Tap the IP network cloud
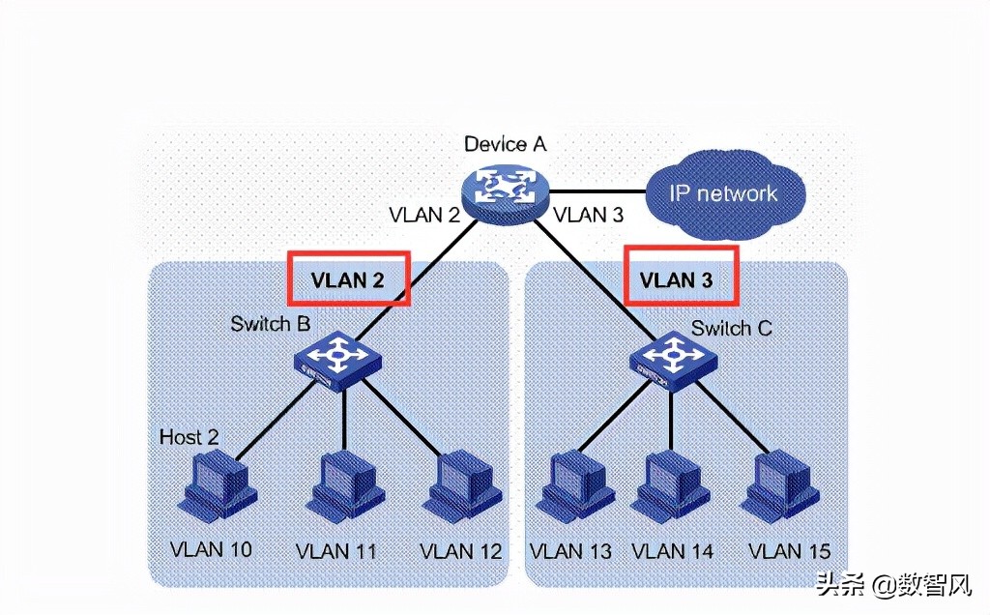coord(723,193)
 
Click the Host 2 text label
coord(188,437)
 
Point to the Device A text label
coord(505,144)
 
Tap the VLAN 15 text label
coord(789,551)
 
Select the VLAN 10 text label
coord(211,549)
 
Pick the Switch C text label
coord(731,329)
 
